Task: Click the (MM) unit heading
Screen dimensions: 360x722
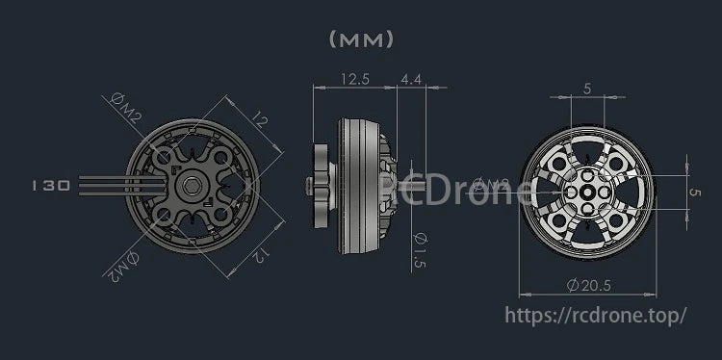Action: tap(361, 39)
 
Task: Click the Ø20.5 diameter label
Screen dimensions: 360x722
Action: tap(589, 286)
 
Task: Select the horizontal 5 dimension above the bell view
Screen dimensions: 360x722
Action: tap(588, 89)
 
